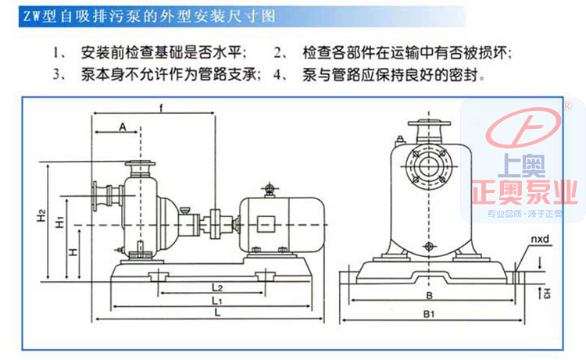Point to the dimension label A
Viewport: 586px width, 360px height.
[x=123, y=126]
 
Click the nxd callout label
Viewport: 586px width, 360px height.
[x=541, y=239]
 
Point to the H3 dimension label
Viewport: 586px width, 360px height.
[x=548, y=294]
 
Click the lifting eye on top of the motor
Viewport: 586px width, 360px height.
[x=270, y=188]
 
